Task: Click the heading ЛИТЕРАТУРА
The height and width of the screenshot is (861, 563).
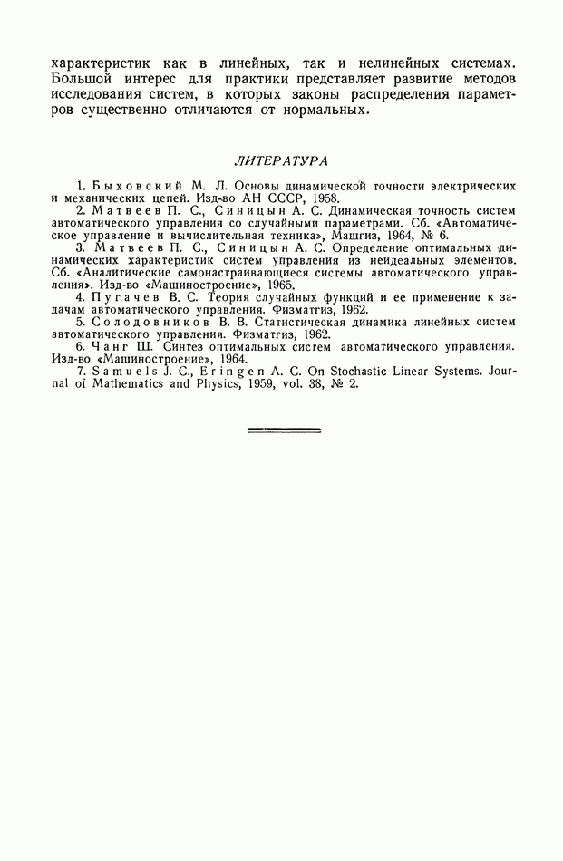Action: (x=281, y=161)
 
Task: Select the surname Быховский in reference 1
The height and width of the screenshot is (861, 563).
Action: (x=125, y=185)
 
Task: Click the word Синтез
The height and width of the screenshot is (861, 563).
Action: (x=187, y=346)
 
